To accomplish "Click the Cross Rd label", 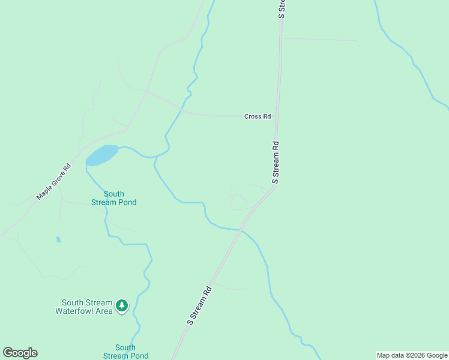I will [258, 116].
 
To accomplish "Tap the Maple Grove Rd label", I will [54, 182].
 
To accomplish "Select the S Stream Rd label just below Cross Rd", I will [276, 162].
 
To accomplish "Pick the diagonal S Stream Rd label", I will [199, 305].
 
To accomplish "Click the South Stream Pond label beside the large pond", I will [113, 198].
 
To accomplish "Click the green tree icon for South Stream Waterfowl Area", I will [122, 306].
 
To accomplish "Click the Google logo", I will [20, 353].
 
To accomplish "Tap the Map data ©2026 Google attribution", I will [412, 355].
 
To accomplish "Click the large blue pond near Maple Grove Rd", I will [101, 155].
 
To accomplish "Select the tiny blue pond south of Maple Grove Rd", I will [58, 239].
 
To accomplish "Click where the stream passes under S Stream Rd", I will [241, 230].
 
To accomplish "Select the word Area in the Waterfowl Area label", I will [104, 311].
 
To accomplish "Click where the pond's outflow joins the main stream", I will [155, 158].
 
